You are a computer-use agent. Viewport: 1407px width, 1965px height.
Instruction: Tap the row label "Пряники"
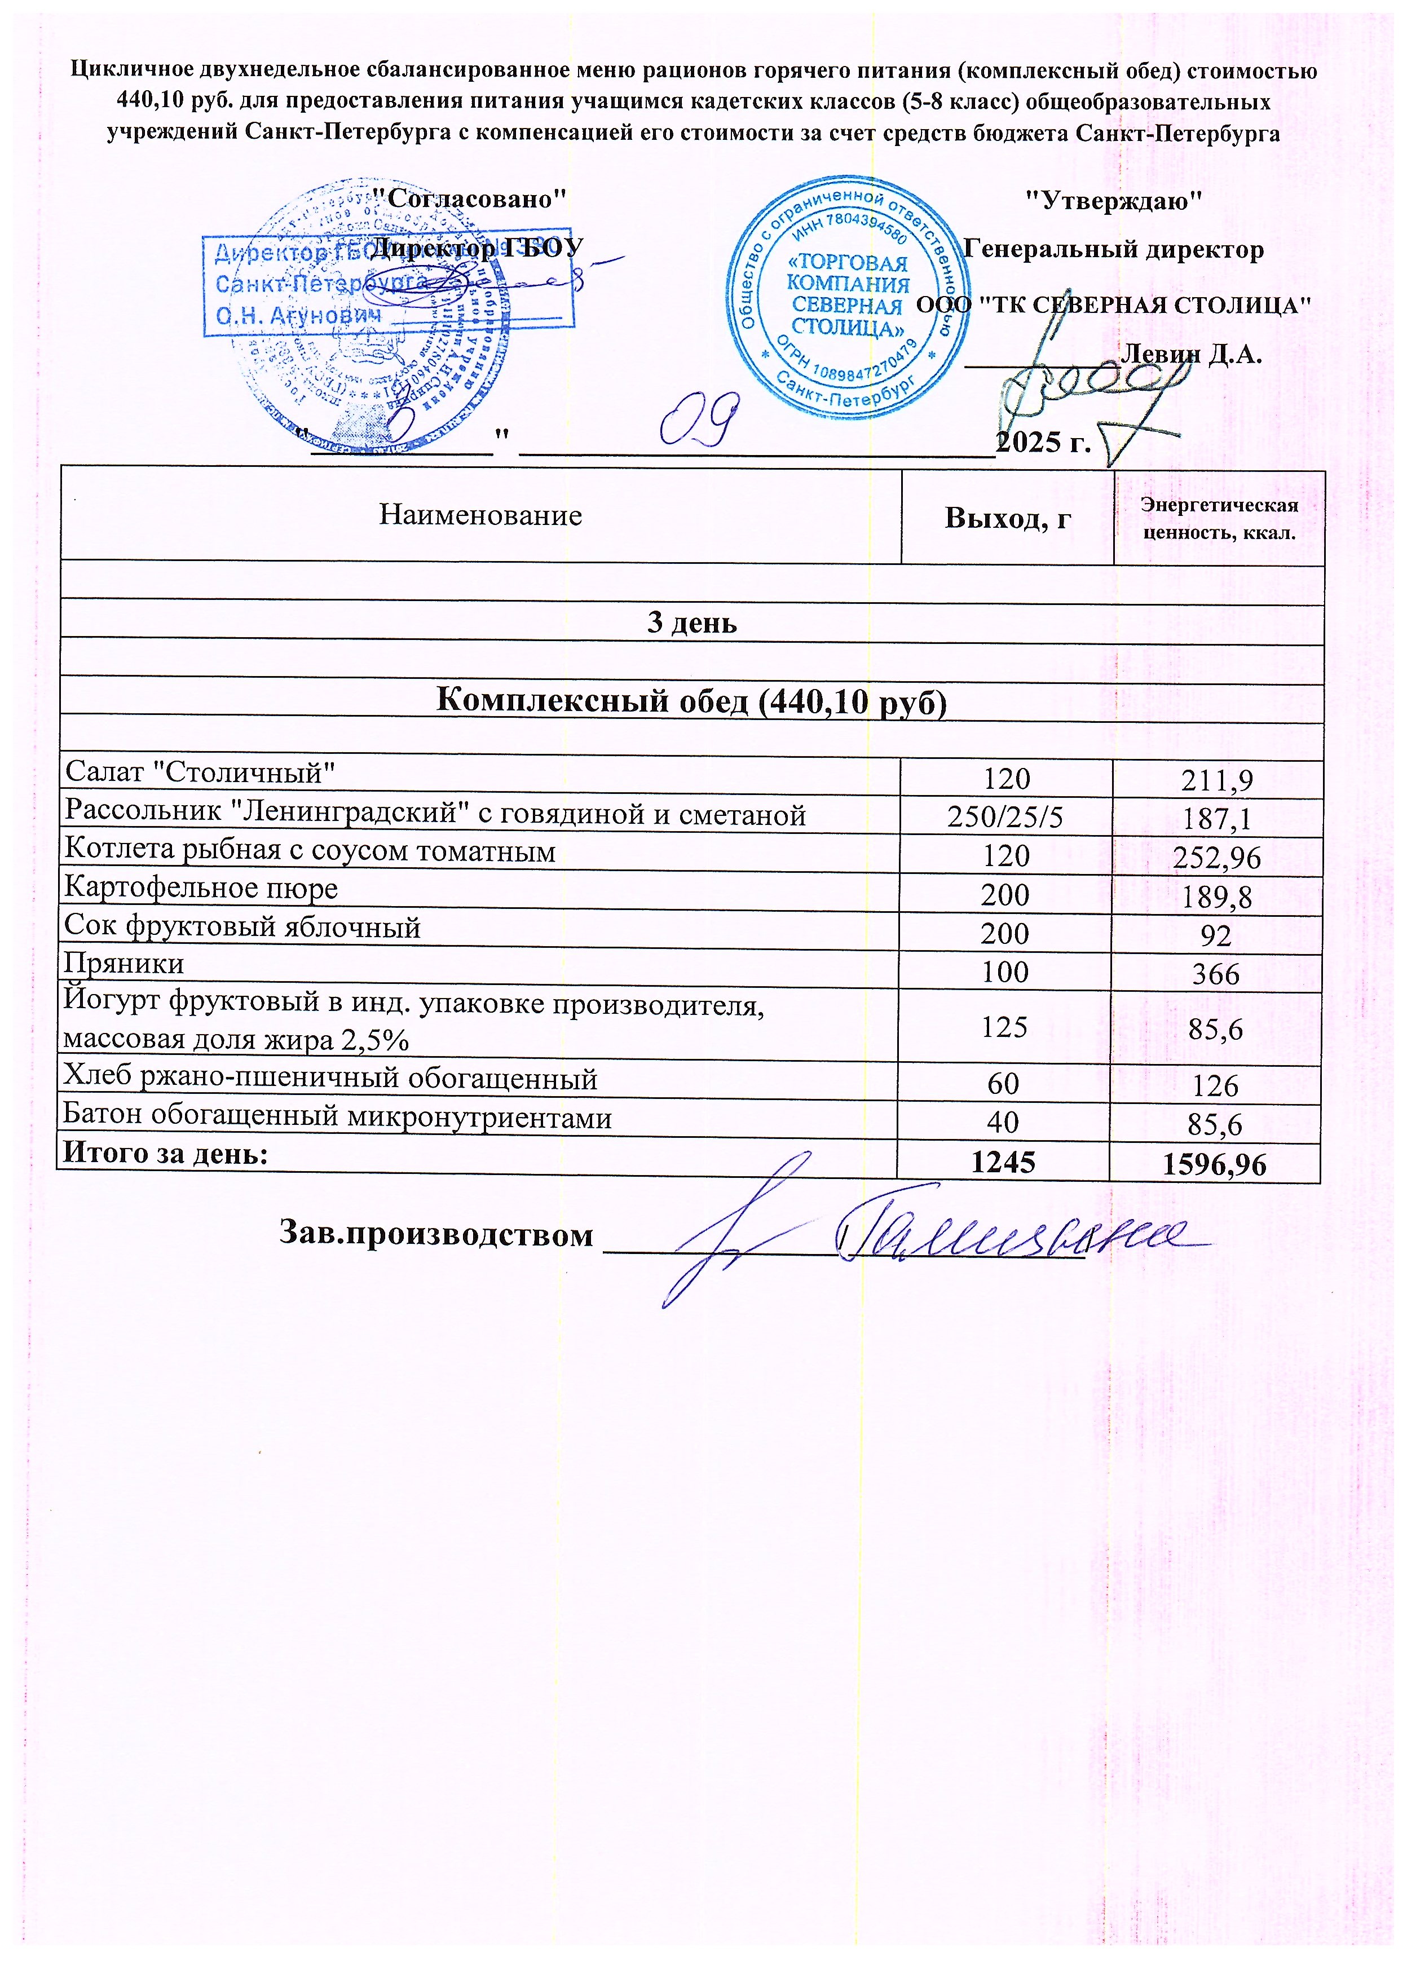[x=124, y=964]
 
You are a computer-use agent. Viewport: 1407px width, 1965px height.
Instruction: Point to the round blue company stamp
[x=848, y=295]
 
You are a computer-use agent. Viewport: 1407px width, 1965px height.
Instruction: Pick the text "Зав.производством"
[x=436, y=1233]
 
